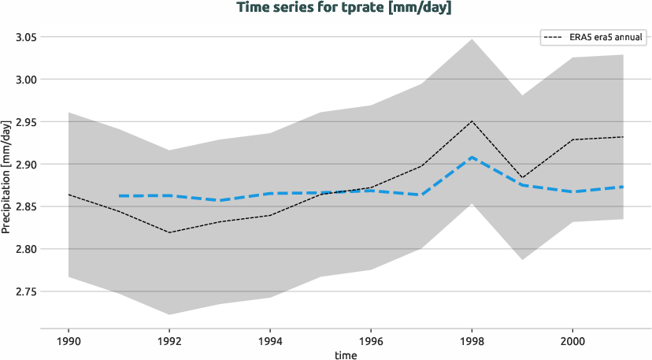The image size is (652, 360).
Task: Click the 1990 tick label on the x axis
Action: pyautogui.click(x=69, y=342)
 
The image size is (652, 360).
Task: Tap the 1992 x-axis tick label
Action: pyautogui.click(x=169, y=342)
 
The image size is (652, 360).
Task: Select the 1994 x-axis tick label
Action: pyautogui.click(x=270, y=342)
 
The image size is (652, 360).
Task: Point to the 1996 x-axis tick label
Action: pyautogui.click(x=371, y=342)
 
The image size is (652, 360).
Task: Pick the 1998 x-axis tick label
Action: pyautogui.click(x=472, y=342)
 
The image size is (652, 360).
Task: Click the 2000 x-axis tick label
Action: pyautogui.click(x=572, y=342)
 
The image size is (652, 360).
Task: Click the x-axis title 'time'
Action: pyautogui.click(x=345, y=355)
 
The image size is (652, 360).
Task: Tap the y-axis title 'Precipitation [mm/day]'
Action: pyautogui.click(x=6, y=176)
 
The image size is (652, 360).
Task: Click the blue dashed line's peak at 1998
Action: pyautogui.click(x=472, y=158)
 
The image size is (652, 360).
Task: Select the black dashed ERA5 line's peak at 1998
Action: pyautogui.click(x=472, y=121)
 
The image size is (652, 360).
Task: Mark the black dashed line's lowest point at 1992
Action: pyautogui.click(x=169, y=232)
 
